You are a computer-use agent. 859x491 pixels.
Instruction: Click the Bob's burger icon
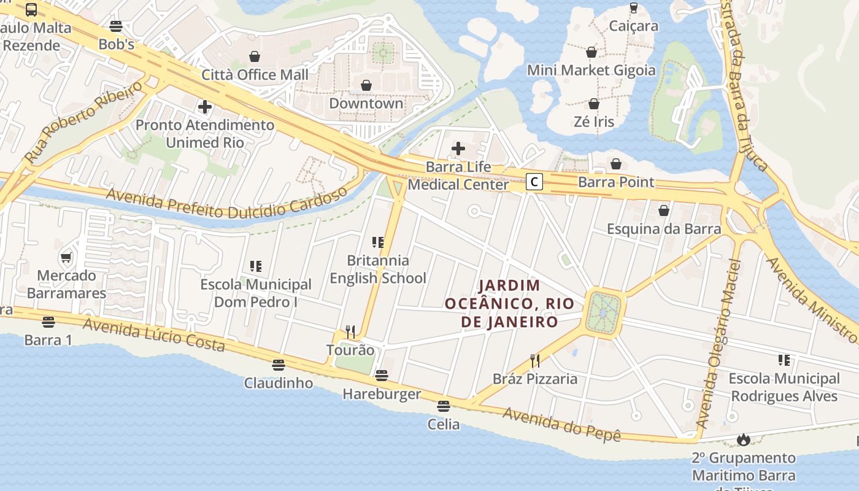116,26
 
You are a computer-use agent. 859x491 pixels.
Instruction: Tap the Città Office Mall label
255,75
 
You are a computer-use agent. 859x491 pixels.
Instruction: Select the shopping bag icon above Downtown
366,85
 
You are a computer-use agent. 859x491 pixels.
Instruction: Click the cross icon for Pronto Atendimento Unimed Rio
205,107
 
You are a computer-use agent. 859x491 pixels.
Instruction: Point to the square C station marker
535,182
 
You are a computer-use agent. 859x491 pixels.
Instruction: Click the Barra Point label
616,182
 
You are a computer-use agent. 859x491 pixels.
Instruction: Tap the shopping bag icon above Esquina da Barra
663,211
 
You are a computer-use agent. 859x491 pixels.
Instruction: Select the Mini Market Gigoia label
591,71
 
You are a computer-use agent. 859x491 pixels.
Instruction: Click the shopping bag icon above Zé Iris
593,104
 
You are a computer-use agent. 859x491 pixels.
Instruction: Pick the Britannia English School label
378,269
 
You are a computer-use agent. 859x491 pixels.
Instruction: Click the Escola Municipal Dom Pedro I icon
256,266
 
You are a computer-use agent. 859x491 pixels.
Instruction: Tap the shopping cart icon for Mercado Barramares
66,258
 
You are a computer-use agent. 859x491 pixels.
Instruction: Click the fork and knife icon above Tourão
350,332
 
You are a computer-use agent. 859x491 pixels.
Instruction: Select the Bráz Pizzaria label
535,379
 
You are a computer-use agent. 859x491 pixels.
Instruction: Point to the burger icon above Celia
444,406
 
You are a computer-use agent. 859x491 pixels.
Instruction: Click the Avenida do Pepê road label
561,424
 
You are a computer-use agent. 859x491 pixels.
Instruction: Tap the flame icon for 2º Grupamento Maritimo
744,439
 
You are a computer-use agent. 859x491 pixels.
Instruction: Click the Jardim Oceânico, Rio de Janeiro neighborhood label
509,303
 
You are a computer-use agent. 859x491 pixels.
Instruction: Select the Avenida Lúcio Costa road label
153,334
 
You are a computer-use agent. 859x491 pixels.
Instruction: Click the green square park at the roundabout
604,313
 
